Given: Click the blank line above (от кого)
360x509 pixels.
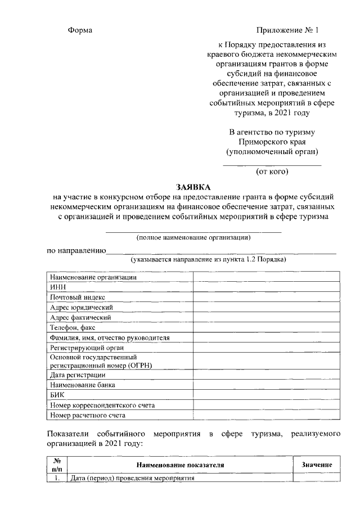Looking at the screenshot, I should coord(272,165).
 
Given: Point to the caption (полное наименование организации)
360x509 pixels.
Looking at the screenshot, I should coord(193,237).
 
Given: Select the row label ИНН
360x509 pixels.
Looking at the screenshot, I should coord(58,287).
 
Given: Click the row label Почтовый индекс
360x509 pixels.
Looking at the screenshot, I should coord(78,297).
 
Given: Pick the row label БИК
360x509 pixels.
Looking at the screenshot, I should coord(57,395).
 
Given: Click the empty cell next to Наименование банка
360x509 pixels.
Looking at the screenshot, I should coord(266,385).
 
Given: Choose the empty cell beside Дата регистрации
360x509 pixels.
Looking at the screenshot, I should coord(266,375).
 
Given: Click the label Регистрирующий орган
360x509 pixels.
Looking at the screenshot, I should coord(83,348).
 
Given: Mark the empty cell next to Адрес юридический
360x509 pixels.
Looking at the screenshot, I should coord(266,307).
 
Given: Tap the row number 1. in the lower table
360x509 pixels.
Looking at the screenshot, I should coord(57,478).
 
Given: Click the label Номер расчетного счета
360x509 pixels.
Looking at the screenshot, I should coord(88,416).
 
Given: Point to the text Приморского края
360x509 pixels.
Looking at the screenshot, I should coord(272,142).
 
